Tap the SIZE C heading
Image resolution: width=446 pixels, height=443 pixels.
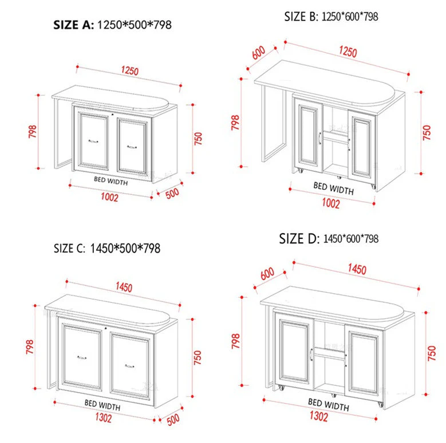[x=106, y=249]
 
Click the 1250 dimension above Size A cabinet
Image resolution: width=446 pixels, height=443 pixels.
[x=129, y=71]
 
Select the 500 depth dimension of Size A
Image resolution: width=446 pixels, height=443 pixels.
[x=172, y=193]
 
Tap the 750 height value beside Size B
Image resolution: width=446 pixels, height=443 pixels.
[x=427, y=133]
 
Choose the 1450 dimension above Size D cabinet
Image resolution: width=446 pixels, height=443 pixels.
[x=356, y=269]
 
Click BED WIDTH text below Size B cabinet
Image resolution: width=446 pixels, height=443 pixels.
[x=333, y=187]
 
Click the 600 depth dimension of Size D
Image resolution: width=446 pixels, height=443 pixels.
[x=267, y=274]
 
